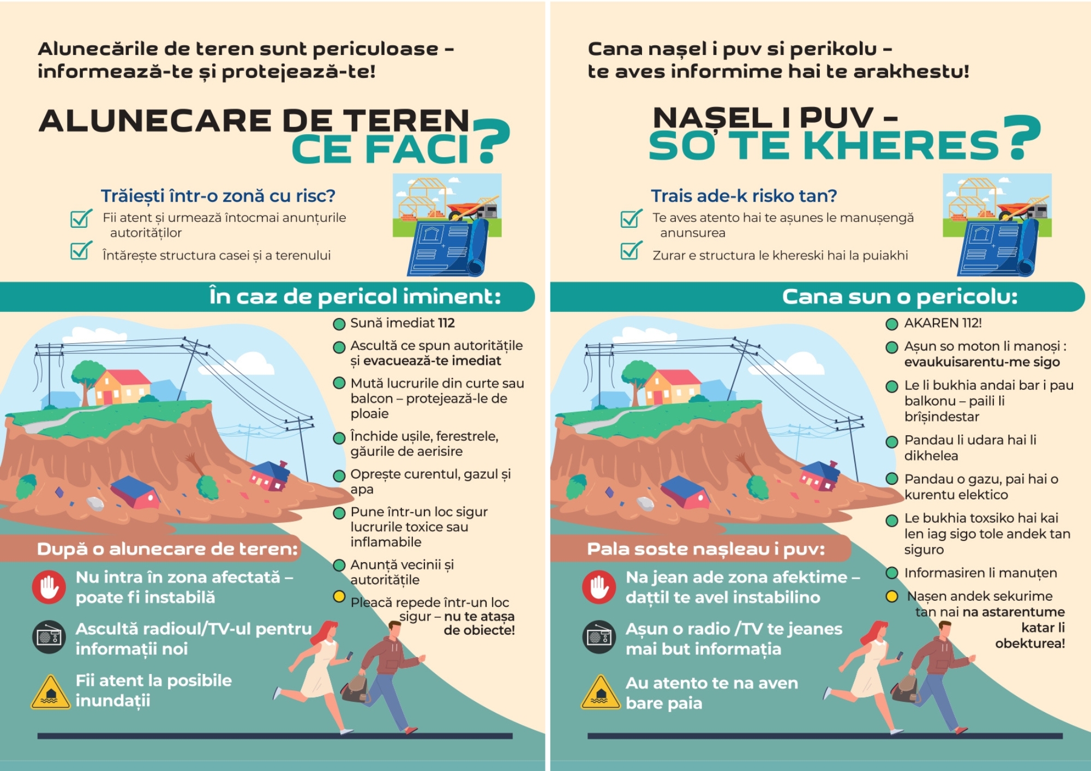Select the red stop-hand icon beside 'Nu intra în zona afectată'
coord(49,587)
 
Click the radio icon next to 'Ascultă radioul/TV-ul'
coord(49,637)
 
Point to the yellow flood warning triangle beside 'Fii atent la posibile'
coord(51,692)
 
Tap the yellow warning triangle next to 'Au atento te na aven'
coord(601,692)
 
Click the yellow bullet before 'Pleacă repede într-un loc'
coord(339,597)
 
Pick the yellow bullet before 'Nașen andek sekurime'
coord(892,597)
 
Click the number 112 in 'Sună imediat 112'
coord(446,323)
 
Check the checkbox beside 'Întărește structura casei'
coord(81,251)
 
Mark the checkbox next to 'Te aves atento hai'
coord(631,218)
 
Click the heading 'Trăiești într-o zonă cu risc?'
coord(218,196)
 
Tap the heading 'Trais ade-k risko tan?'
coord(744,196)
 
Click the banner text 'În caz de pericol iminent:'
coord(355,297)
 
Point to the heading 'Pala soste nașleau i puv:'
coord(706,549)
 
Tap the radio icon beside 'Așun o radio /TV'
coord(599,637)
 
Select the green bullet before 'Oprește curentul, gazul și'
coord(339,475)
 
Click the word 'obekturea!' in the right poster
coord(1030,643)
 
